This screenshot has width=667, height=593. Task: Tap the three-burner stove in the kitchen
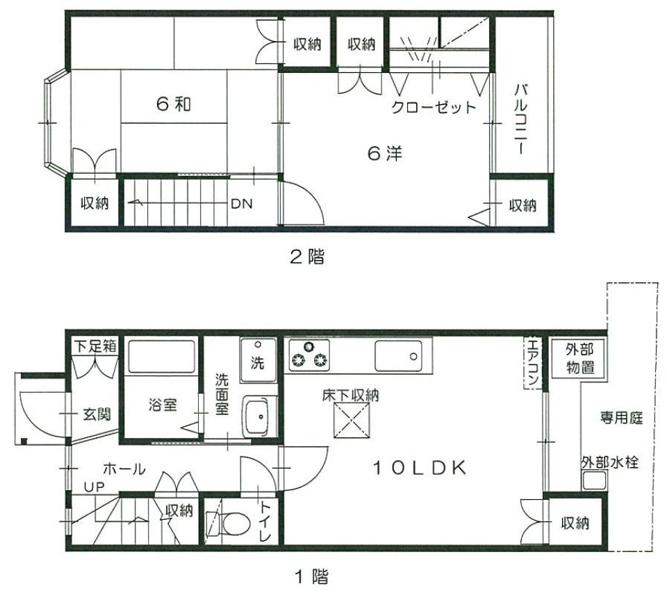(309, 355)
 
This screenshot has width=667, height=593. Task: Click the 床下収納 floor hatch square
(350, 421)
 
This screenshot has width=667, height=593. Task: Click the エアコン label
(533, 362)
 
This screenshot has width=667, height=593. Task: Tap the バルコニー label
(522, 118)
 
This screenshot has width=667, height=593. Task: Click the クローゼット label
(434, 108)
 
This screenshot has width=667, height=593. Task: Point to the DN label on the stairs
(242, 204)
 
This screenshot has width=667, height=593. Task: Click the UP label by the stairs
(93, 487)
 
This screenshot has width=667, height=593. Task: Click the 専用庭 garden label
(621, 419)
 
